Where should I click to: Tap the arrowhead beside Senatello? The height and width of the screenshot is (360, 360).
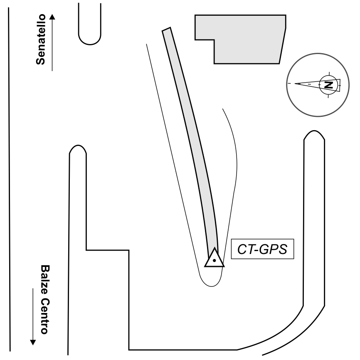click(52, 17)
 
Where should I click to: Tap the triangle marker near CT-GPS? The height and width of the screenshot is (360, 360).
click(214, 258)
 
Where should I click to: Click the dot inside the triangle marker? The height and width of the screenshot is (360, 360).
click(214, 261)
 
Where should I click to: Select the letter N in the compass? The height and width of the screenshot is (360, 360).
click(328, 84)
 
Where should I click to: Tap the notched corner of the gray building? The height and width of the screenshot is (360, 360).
click(214, 40)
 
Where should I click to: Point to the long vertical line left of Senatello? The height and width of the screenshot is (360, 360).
click(10, 179)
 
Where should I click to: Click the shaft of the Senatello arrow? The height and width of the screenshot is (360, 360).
click(52, 46)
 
